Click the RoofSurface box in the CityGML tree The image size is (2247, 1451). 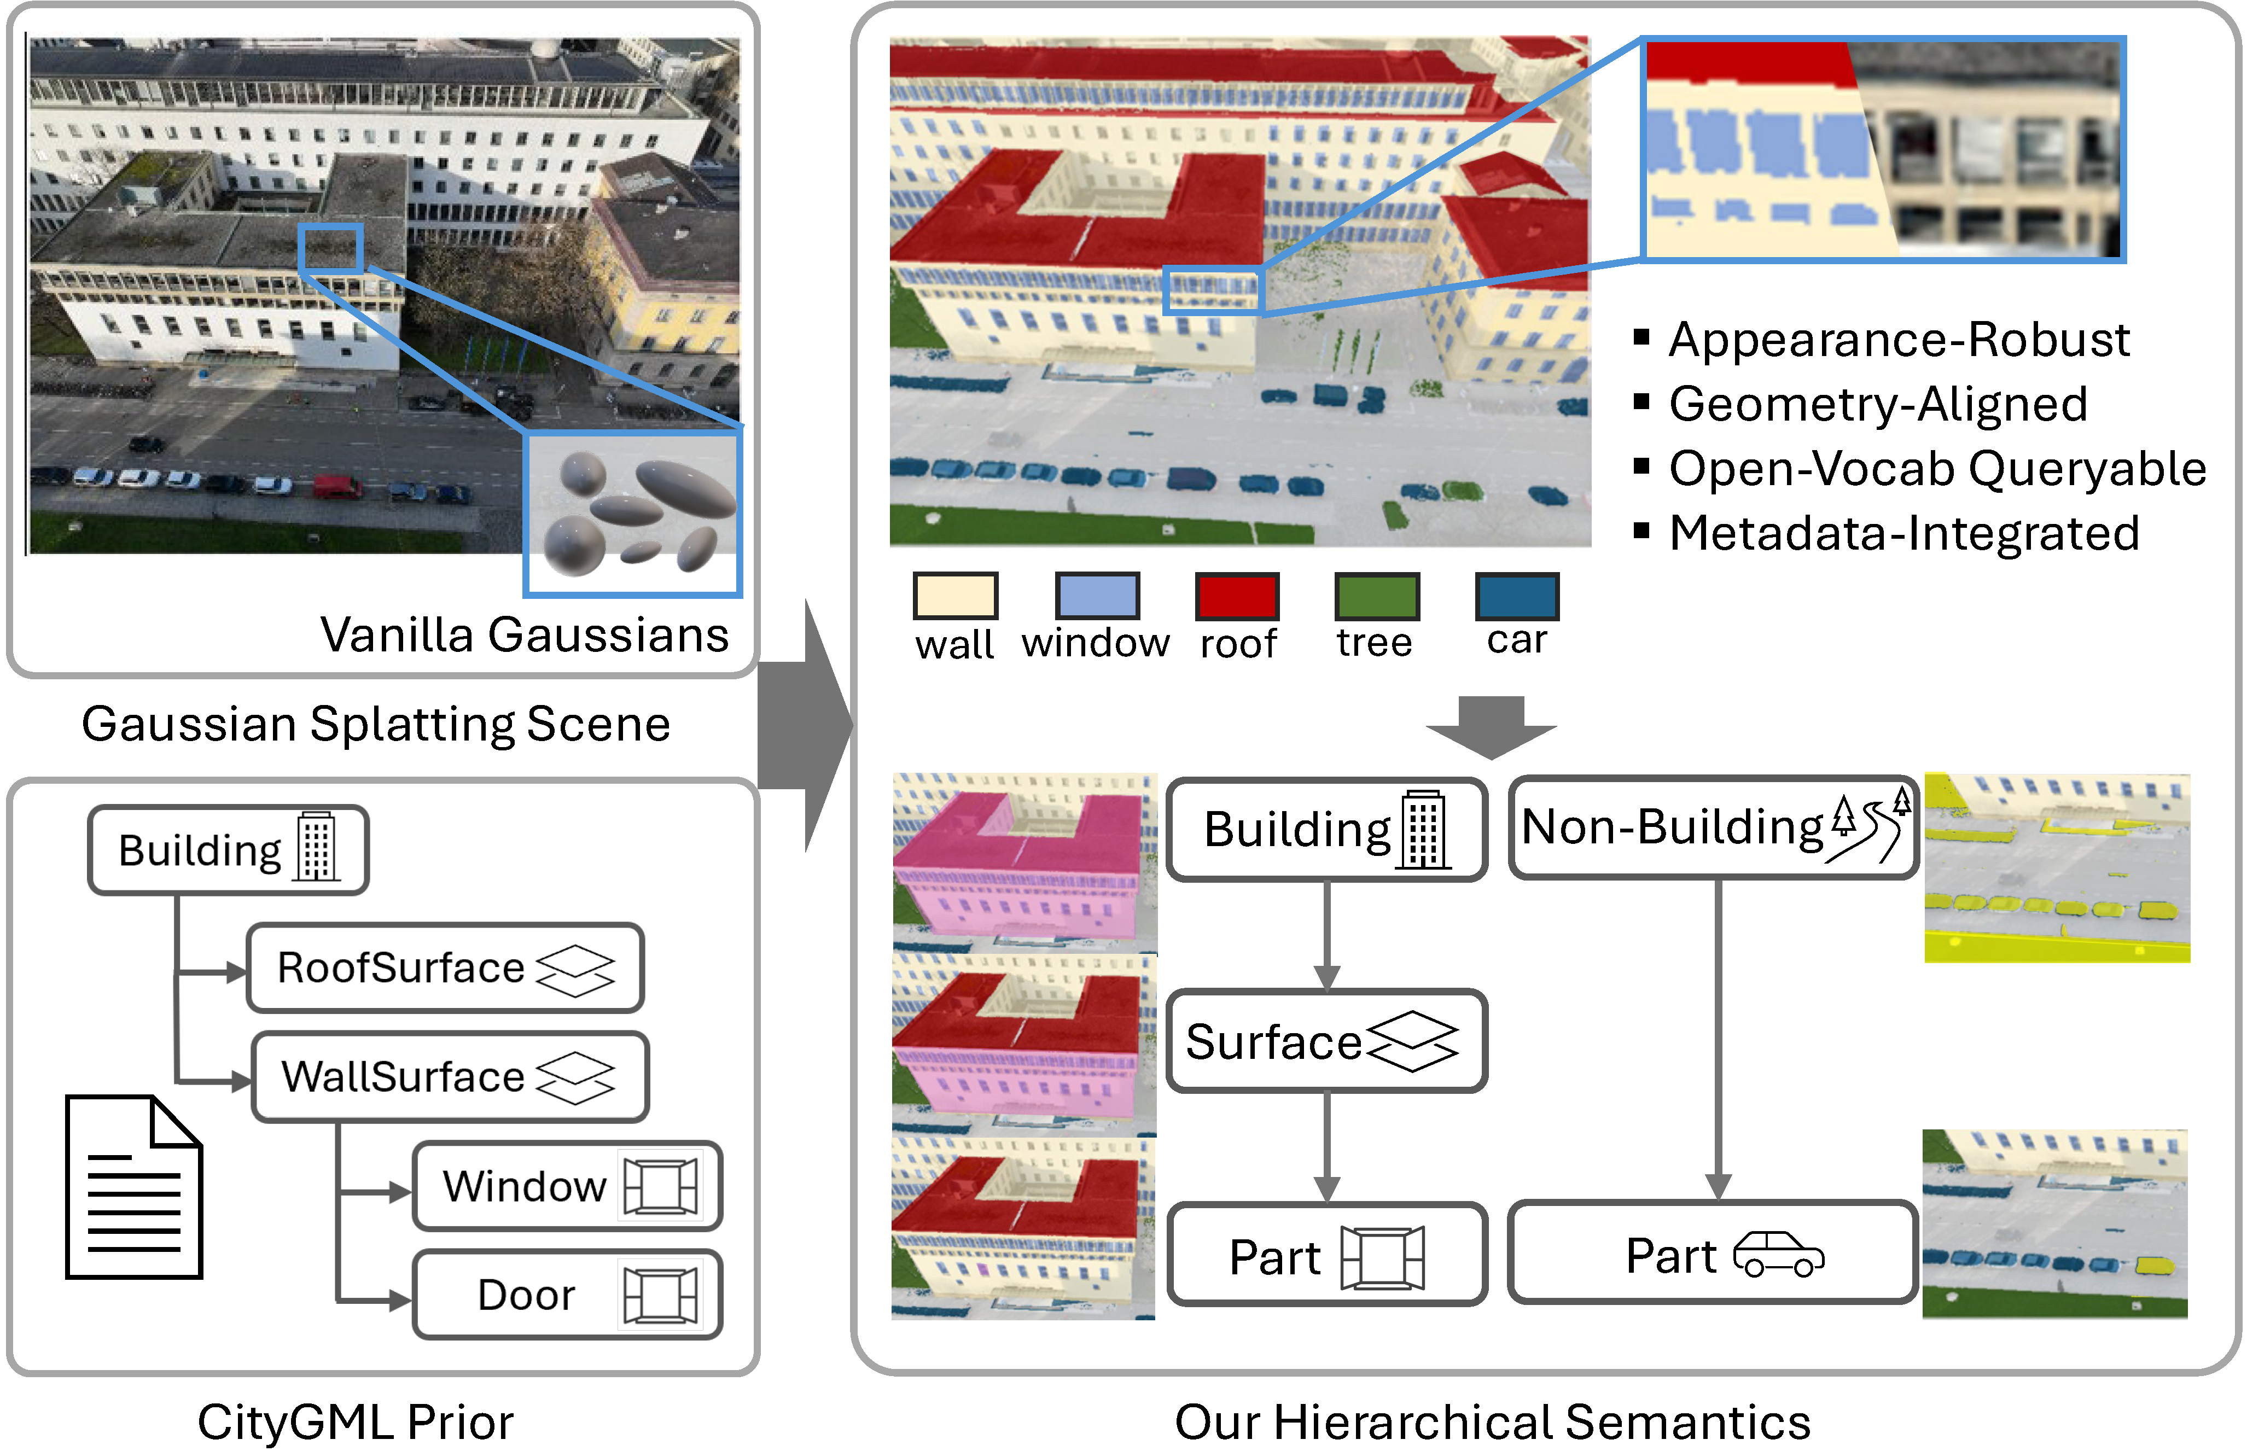tap(445, 968)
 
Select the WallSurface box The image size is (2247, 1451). tap(450, 1077)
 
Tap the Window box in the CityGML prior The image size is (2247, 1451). tap(567, 1186)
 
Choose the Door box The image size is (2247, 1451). tap(567, 1295)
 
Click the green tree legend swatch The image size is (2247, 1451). tap(1376, 596)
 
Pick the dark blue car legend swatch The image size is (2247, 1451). tap(1517, 596)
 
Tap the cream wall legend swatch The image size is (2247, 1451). tap(956, 596)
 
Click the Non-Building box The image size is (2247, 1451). tap(1713, 828)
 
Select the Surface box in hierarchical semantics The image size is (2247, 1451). tap(1326, 1041)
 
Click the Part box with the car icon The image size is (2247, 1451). tap(1713, 1254)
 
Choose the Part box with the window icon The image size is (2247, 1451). tap(1326, 1256)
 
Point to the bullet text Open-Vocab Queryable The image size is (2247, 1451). tap(1937, 468)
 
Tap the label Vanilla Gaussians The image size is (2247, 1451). tap(525, 634)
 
